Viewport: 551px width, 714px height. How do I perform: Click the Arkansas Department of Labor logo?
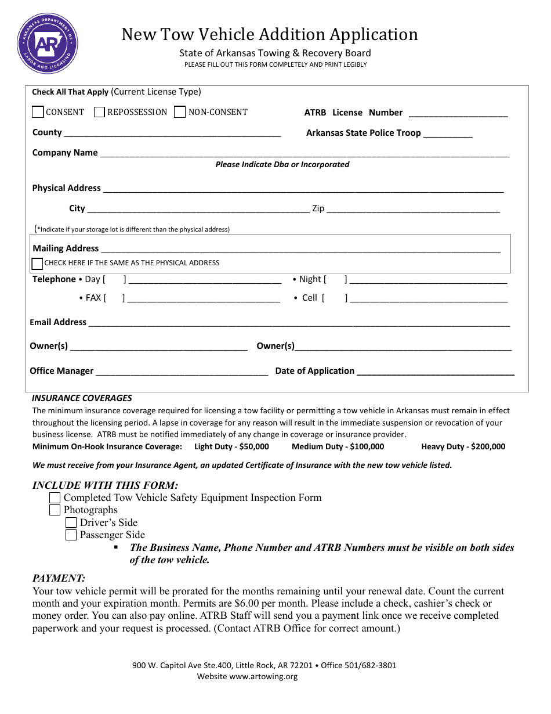pos(48,44)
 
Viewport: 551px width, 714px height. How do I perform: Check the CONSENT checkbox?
pos(38,112)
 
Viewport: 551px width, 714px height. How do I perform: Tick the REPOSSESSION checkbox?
pos(99,112)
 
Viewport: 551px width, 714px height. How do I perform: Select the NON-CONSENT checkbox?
pos(180,112)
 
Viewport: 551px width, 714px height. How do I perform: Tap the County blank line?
pos(172,134)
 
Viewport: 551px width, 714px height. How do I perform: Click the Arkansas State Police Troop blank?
pos(448,135)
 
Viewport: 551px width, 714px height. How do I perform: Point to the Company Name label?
pos(65,153)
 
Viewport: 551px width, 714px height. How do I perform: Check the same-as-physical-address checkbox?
pos(38,264)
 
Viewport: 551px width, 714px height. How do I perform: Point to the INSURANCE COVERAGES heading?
pos(82,398)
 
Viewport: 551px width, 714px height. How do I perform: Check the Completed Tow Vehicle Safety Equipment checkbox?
pos(55,498)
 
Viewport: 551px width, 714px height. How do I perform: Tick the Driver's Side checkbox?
pos(71,523)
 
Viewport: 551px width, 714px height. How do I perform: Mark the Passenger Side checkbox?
pos(71,535)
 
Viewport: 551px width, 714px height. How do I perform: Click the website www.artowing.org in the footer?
pos(263,677)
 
